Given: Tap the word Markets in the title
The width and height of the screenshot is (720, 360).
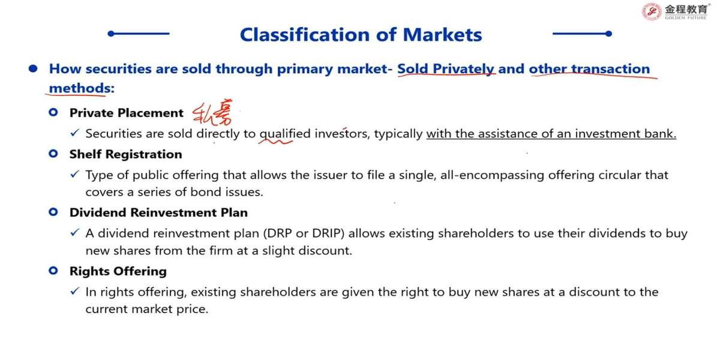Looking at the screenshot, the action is pyautogui.click(x=443, y=35).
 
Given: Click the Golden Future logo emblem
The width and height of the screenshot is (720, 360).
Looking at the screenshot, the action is pyautogui.click(x=652, y=11).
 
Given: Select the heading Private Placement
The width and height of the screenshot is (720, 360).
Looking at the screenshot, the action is pyautogui.click(x=127, y=113).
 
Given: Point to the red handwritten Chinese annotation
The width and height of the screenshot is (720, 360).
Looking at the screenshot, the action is pyautogui.click(x=212, y=113).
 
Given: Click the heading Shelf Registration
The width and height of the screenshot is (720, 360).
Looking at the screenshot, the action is pyautogui.click(x=125, y=154).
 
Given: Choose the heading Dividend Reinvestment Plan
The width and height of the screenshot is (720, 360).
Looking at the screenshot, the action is pyautogui.click(x=158, y=212).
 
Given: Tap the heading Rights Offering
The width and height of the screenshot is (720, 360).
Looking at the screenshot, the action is pyautogui.click(x=118, y=271).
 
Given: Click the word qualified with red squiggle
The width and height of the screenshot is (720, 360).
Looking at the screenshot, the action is pyautogui.click(x=280, y=134).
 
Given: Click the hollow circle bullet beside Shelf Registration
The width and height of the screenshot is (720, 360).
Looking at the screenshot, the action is pyautogui.click(x=53, y=154).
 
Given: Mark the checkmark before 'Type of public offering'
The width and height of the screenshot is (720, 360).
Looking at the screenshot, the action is pyautogui.click(x=74, y=174).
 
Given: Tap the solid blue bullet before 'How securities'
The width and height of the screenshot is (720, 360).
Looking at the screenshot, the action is pyautogui.click(x=33, y=68).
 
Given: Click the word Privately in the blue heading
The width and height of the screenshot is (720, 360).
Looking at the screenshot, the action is pyautogui.click(x=463, y=69).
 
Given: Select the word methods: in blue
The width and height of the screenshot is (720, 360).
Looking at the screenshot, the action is pyautogui.click(x=82, y=88).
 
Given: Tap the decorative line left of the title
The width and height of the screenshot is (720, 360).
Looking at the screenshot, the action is pyautogui.click(x=139, y=34).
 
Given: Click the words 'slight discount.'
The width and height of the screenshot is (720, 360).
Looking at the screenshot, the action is pyautogui.click(x=307, y=250).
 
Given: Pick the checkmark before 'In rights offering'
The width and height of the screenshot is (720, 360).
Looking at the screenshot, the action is pyautogui.click(x=74, y=291).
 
